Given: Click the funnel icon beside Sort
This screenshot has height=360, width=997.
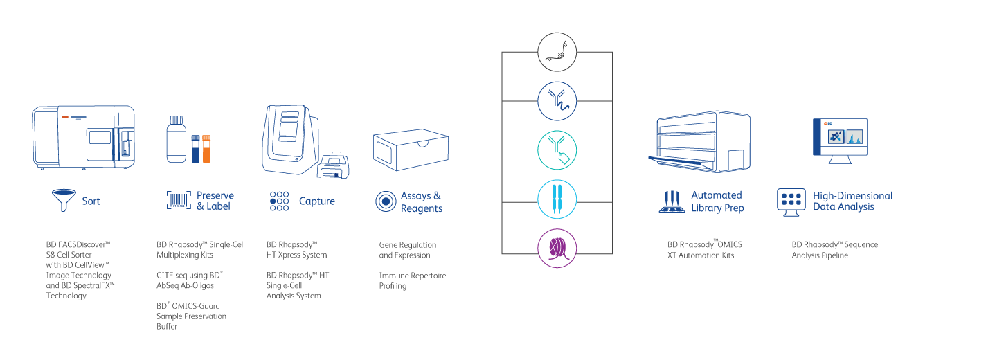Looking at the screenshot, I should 63,201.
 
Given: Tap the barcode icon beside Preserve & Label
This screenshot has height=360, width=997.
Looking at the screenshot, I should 178,201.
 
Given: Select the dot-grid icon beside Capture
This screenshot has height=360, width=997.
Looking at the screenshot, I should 279,201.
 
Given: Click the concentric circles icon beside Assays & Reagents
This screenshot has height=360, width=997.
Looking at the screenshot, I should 386,201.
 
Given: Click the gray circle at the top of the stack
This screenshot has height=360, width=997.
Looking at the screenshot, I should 557,51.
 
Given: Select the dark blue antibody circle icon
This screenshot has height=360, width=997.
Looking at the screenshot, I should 557,100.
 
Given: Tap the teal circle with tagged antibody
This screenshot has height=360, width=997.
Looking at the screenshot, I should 557,150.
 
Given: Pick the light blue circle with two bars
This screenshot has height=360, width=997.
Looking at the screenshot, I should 557,199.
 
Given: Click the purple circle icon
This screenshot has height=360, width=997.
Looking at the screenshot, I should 557,248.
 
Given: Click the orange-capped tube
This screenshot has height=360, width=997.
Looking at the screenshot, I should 206,148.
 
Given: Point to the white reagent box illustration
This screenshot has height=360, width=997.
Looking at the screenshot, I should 410,151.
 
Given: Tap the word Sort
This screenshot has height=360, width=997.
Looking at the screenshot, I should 91,201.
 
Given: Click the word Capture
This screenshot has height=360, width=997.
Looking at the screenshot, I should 317,201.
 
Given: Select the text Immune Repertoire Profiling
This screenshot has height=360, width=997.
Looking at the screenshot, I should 412,280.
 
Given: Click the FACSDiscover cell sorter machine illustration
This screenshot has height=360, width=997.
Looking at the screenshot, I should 83,136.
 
